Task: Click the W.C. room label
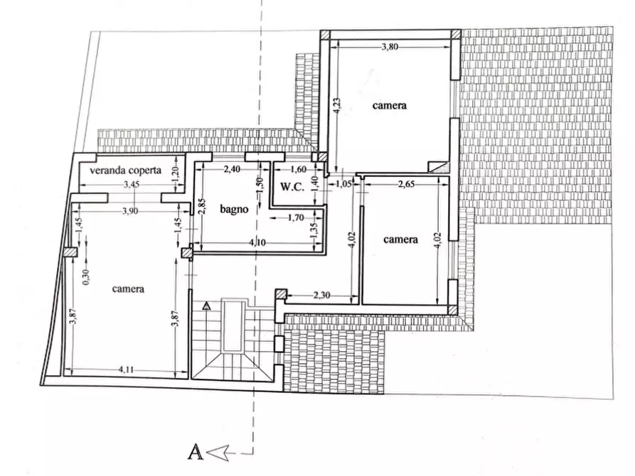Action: tap(293, 188)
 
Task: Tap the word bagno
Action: tap(233, 209)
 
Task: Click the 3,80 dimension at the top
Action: tap(390, 47)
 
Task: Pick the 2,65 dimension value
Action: tap(406, 185)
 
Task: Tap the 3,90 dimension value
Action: tap(129, 211)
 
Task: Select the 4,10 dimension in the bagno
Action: tap(257, 244)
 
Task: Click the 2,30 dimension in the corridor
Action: tap(321, 293)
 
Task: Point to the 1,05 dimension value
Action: tap(343, 184)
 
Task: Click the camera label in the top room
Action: tap(390, 105)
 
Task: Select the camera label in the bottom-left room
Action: tap(129, 288)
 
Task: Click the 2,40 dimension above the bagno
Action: tap(233, 169)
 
